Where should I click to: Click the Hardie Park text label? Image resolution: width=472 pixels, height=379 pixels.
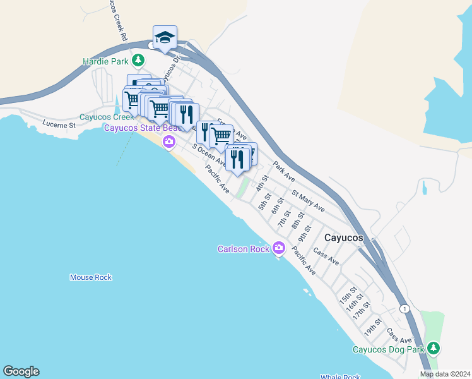tap(105, 62)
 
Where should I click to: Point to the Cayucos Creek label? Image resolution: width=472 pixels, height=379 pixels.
tap(107, 117)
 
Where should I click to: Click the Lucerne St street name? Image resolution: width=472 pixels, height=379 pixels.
tap(59, 124)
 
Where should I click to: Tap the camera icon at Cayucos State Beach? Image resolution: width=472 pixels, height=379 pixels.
tap(168, 142)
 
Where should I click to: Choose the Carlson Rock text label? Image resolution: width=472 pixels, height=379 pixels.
tap(244, 249)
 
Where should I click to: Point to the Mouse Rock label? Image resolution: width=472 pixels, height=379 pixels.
tap(91, 277)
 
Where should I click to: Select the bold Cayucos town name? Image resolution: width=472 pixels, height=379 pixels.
tap(343, 238)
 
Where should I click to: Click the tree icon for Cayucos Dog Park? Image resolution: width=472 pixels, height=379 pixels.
tap(433, 348)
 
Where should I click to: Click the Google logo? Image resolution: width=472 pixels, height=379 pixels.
tap(21, 371)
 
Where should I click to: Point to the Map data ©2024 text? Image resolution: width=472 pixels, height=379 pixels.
tap(444, 374)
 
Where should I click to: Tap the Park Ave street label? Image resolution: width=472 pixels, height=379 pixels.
tap(284, 172)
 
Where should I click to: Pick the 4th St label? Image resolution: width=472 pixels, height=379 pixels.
tap(263, 184)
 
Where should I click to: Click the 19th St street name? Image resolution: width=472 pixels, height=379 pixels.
tap(374, 327)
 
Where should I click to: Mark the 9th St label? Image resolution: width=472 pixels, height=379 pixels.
tap(305, 233)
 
